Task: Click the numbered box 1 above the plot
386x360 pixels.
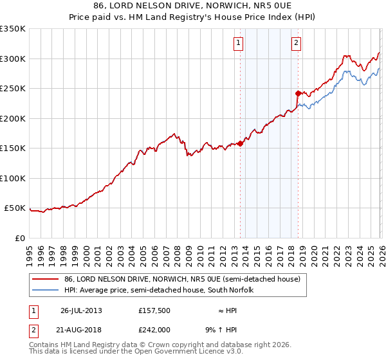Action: tap(238, 43)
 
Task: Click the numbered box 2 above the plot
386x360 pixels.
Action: tap(296, 43)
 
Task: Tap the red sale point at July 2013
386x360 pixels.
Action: tap(241, 143)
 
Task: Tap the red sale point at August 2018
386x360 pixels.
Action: tap(298, 93)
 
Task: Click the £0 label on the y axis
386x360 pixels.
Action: tap(19, 238)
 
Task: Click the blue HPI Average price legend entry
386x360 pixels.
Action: tap(168, 291)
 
